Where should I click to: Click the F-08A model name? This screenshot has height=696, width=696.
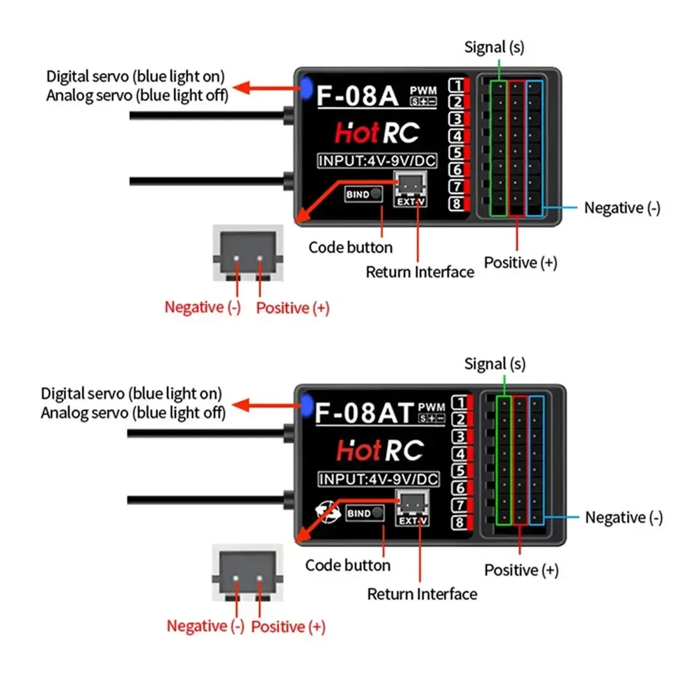click(358, 96)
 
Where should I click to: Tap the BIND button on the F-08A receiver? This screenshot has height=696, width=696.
click(364, 195)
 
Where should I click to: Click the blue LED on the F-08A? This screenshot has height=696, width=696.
click(306, 88)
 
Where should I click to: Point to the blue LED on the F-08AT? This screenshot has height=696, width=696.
click(306, 403)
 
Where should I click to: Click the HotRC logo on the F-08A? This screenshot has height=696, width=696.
click(377, 132)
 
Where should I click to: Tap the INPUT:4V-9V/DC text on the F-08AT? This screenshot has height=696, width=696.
click(379, 479)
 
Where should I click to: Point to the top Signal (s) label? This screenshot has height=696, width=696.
click(494, 47)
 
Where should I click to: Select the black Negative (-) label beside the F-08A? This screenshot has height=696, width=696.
click(622, 207)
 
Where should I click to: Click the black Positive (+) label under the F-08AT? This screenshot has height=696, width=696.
click(521, 570)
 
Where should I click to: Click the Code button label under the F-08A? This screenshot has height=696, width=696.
click(350, 247)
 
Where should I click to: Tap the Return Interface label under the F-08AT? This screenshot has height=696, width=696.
click(422, 594)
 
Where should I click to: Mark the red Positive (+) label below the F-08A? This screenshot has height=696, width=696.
click(292, 308)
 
